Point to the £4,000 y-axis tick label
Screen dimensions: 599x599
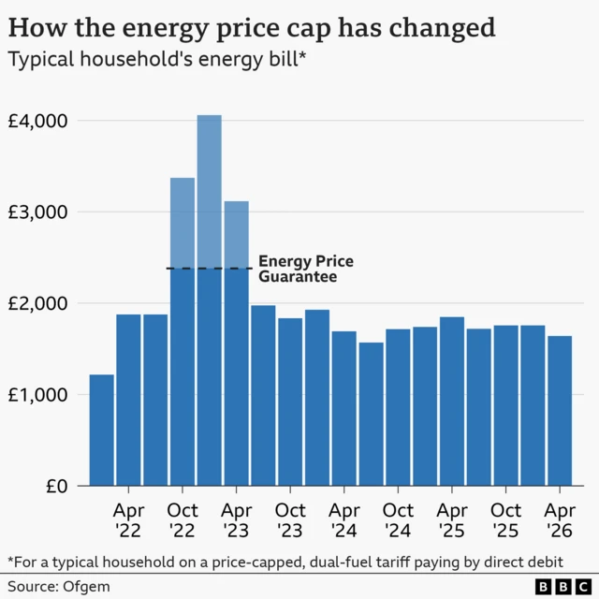(39, 121)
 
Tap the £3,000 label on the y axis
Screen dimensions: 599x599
(39, 212)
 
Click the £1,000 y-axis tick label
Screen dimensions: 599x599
(39, 395)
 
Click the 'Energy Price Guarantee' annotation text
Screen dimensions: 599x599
(305, 270)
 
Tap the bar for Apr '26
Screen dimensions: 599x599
(560, 411)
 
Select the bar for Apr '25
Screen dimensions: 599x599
(452, 402)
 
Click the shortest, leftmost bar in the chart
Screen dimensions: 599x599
(102, 431)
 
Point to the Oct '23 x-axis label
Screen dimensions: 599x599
(290, 520)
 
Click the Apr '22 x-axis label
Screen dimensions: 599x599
(128, 520)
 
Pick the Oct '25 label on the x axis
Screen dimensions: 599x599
(506, 520)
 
